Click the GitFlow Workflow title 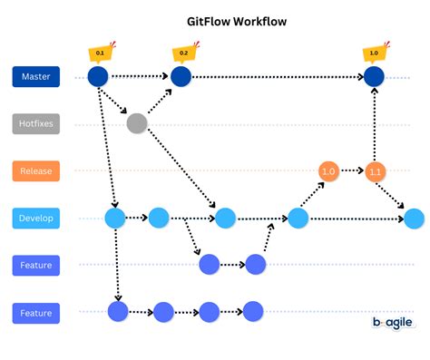pyautogui.click(x=215, y=20)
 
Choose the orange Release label pyautogui.click(x=36, y=170)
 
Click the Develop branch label pyautogui.click(x=36, y=219)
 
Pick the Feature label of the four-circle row pyautogui.click(x=36, y=313)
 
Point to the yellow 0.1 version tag pyautogui.click(x=97, y=54)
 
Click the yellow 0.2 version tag pyautogui.click(x=182, y=54)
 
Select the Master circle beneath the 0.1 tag pyautogui.click(x=98, y=78)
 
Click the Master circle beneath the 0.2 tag pyautogui.click(x=182, y=78)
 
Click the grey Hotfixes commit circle pyautogui.click(x=137, y=123)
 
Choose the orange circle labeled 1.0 pyautogui.click(x=328, y=170)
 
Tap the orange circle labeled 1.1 pyautogui.click(x=376, y=170)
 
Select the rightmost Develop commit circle pyautogui.click(x=414, y=219)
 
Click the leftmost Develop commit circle pyautogui.click(x=115, y=219)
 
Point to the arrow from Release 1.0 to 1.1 pyautogui.click(x=352, y=170)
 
